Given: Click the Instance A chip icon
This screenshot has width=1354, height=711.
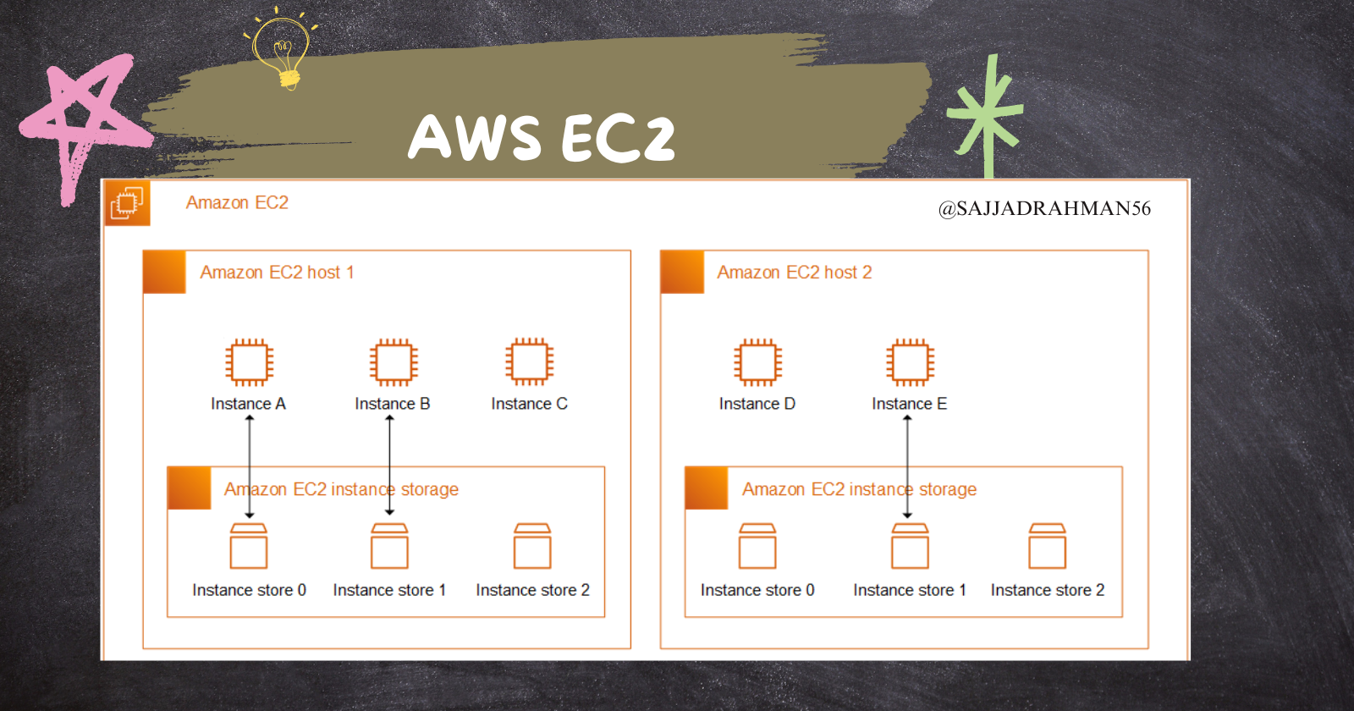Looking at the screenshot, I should [x=250, y=362].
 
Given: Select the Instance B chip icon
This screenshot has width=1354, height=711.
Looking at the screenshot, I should [x=394, y=362].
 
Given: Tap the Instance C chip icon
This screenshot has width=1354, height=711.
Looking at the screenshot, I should [x=530, y=362].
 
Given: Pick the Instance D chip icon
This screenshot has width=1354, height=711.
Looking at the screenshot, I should [x=757, y=362].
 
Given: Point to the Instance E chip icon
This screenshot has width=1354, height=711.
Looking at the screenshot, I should [x=910, y=362].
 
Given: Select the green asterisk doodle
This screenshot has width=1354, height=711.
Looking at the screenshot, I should [x=987, y=114].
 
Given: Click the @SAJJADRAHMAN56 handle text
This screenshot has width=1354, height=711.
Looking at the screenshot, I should [x=1044, y=208].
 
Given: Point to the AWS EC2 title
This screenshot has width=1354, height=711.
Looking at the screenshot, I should [x=542, y=137].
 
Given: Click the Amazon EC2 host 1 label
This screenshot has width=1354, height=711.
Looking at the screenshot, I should [x=277, y=273].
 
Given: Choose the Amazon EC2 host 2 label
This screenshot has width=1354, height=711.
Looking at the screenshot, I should [x=794, y=273].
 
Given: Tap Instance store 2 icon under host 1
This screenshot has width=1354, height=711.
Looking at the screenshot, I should [x=532, y=546].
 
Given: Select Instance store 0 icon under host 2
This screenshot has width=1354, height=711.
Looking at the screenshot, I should [x=757, y=546].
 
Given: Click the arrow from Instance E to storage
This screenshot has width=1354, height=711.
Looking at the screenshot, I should [x=907, y=466].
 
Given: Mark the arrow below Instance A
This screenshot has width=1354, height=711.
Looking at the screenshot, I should [x=250, y=466].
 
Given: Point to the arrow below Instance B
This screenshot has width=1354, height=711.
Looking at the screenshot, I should [x=389, y=466].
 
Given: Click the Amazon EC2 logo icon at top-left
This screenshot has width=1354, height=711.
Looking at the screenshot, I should [x=127, y=203].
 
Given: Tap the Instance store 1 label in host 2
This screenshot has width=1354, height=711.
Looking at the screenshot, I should [x=910, y=590].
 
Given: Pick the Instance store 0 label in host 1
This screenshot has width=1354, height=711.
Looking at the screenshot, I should [x=249, y=590].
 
